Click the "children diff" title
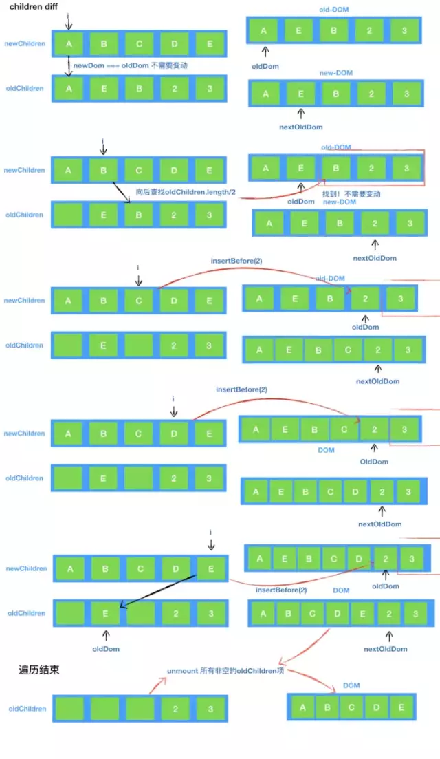tap(32, 7)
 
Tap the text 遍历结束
tap(38, 668)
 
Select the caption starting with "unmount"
tap(225, 671)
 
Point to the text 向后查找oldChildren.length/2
tap(186, 192)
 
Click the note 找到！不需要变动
tap(351, 194)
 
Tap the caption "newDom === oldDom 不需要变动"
tap(130, 65)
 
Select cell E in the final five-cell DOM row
tap(399, 707)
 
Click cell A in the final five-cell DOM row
tap(303, 707)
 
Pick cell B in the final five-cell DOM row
tap(327, 707)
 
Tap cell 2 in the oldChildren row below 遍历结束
tap(176, 709)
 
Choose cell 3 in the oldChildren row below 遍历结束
tap(210, 709)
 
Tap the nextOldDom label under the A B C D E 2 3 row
tap(385, 649)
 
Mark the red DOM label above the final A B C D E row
tap(351, 685)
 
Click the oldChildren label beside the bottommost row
tap(27, 709)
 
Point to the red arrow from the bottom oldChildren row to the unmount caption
tap(157, 683)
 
